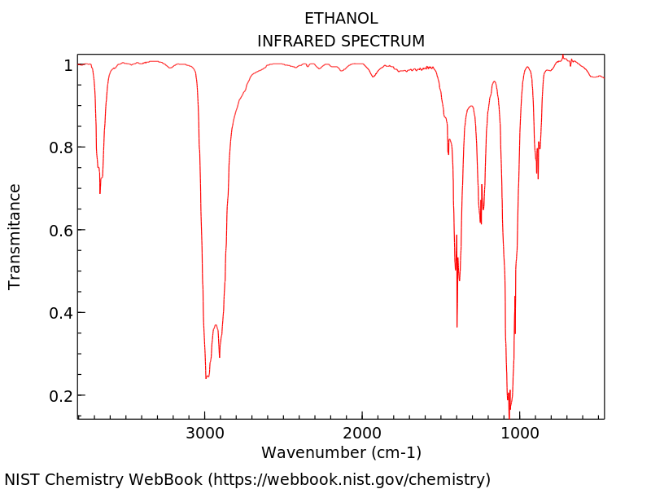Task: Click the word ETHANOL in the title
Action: pyautogui.click(x=341, y=18)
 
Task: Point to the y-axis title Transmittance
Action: pyautogui.click(x=15, y=236)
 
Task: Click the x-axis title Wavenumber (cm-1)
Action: pyautogui.click(x=341, y=452)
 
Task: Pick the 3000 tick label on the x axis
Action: pyautogui.click(x=204, y=432)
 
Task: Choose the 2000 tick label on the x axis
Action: pyautogui.click(x=362, y=432)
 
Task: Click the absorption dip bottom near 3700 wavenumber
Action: pyautogui.click(x=100, y=192)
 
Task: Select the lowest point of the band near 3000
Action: pyautogui.click(x=206, y=378)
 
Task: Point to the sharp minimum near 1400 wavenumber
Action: pyautogui.click(x=457, y=327)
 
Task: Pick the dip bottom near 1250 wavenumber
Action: pyautogui.click(x=481, y=223)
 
